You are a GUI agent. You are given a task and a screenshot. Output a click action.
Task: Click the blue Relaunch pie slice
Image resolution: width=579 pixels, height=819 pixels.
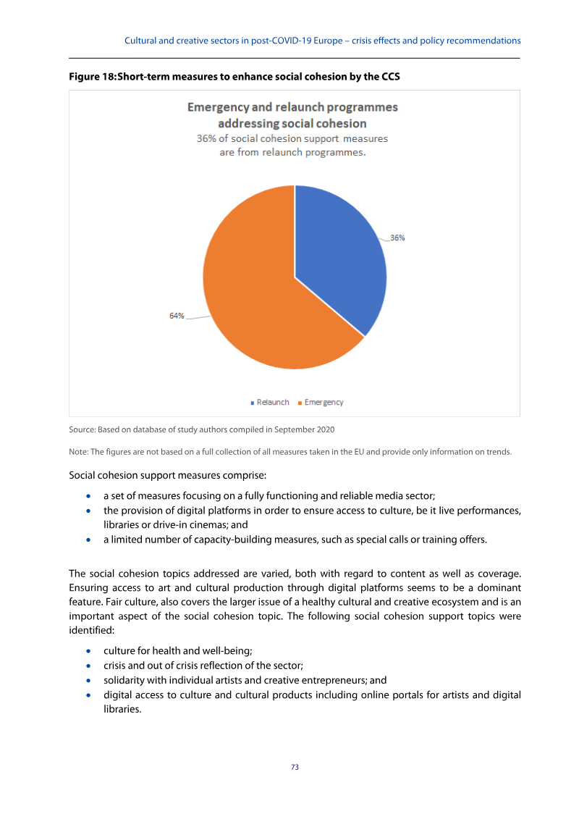pyautogui.click(x=337, y=253)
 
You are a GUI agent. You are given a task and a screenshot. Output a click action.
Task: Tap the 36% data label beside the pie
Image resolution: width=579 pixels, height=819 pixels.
pyautogui.click(x=397, y=238)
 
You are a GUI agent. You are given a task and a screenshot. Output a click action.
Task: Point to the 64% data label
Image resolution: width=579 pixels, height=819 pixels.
pyautogui.click(x=177, y=316)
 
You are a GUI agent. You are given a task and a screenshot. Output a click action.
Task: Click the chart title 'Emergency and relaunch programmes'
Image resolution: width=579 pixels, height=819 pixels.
pyautogui.click(x=292, y=107)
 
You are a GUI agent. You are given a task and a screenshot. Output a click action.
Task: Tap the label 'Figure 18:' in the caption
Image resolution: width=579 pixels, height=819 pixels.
pyautogui.click(x=91, y=75)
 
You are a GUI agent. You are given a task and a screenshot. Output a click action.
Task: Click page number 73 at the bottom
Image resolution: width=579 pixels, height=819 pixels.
pyautogui.click(x=295, y=767)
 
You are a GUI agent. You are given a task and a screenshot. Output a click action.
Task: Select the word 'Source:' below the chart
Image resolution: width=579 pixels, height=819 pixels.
pyautogui.click(x=83, y=429)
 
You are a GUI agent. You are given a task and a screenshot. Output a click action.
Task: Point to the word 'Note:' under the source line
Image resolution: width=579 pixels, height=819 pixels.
pyautogui.click(x=78, y=452)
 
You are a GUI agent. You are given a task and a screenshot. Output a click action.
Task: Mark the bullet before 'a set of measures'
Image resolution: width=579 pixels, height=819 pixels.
pyautogui.click(x=88, y=497)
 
